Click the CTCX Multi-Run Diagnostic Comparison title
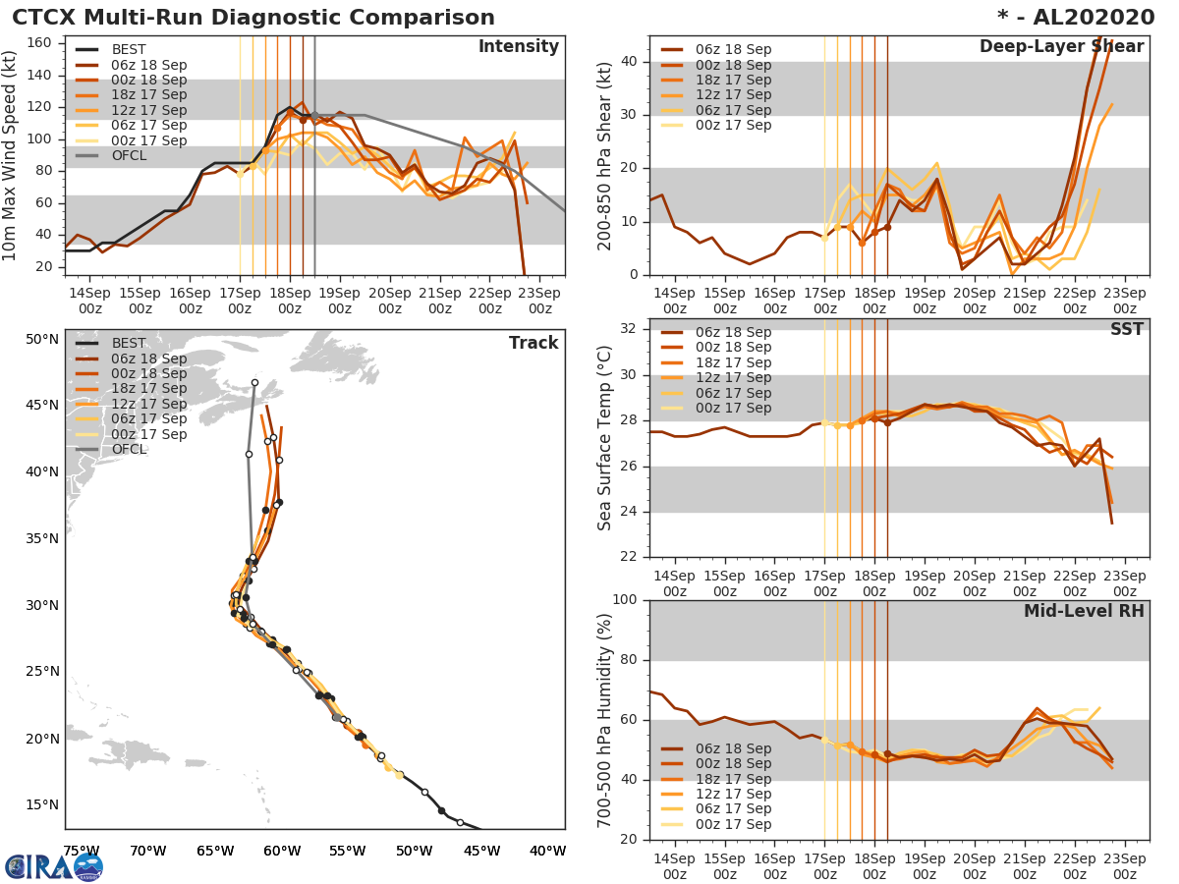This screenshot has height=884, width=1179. (x=253, y=18)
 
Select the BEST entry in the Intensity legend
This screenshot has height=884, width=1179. (x=129, y=49)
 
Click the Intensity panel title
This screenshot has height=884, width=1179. (x=518, y=47)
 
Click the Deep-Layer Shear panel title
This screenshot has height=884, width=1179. (x=1061, y=47)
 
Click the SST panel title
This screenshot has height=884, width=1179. (x=1126, y=329)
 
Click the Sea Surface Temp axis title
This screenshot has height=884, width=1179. (x=605, y=439)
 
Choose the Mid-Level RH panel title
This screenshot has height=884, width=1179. (x=1084, y=611)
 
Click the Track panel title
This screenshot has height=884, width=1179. (x=533, y=343)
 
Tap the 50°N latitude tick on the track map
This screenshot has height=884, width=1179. (x=42, y=339)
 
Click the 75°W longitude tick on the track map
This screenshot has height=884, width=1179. (x=81, y=852)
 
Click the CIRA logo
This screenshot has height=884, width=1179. (x=53, y=866)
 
